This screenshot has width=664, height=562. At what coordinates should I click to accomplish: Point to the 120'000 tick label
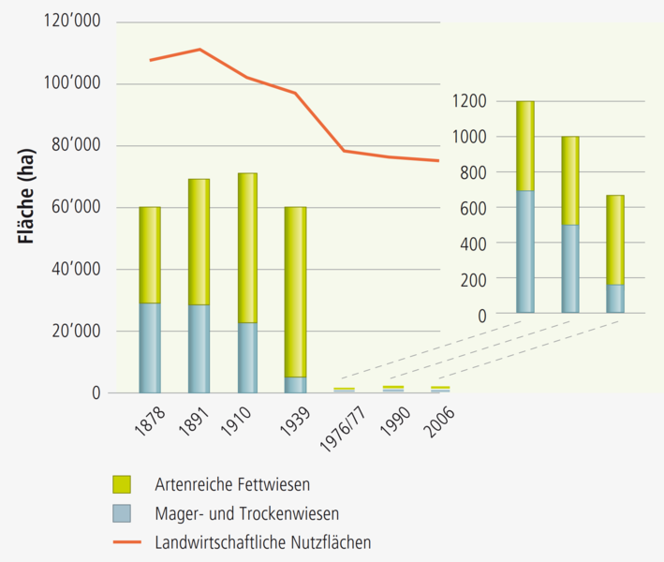tap(73, 22)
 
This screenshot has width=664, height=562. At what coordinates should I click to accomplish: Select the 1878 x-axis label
tap(146, 418)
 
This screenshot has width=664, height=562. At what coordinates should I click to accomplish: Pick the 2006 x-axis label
tap(439, 418)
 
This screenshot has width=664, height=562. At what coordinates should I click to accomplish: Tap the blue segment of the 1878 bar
tap(150, 348)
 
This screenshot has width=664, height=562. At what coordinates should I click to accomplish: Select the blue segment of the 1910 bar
tap(247, 357)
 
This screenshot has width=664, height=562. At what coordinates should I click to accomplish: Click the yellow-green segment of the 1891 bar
tap(199, 242)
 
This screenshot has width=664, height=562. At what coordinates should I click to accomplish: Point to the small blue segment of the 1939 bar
tap(295, 384)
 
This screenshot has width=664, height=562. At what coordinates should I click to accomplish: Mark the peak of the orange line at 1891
tap(199, 49)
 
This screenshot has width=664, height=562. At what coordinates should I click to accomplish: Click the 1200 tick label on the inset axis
tap(470, 101)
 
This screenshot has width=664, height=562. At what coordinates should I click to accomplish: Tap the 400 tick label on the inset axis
tap(474, 244)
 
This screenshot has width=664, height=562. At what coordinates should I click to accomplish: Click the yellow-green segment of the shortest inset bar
tap(615, 239)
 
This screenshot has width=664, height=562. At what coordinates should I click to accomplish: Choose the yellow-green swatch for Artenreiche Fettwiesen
tap(122, 484)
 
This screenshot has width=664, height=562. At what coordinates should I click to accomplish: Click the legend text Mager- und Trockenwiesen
tap(245, 513)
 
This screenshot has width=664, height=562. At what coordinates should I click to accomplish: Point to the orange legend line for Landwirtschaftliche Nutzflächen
tap(125, 541)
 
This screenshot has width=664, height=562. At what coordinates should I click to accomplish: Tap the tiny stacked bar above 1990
tap(392, 388)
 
